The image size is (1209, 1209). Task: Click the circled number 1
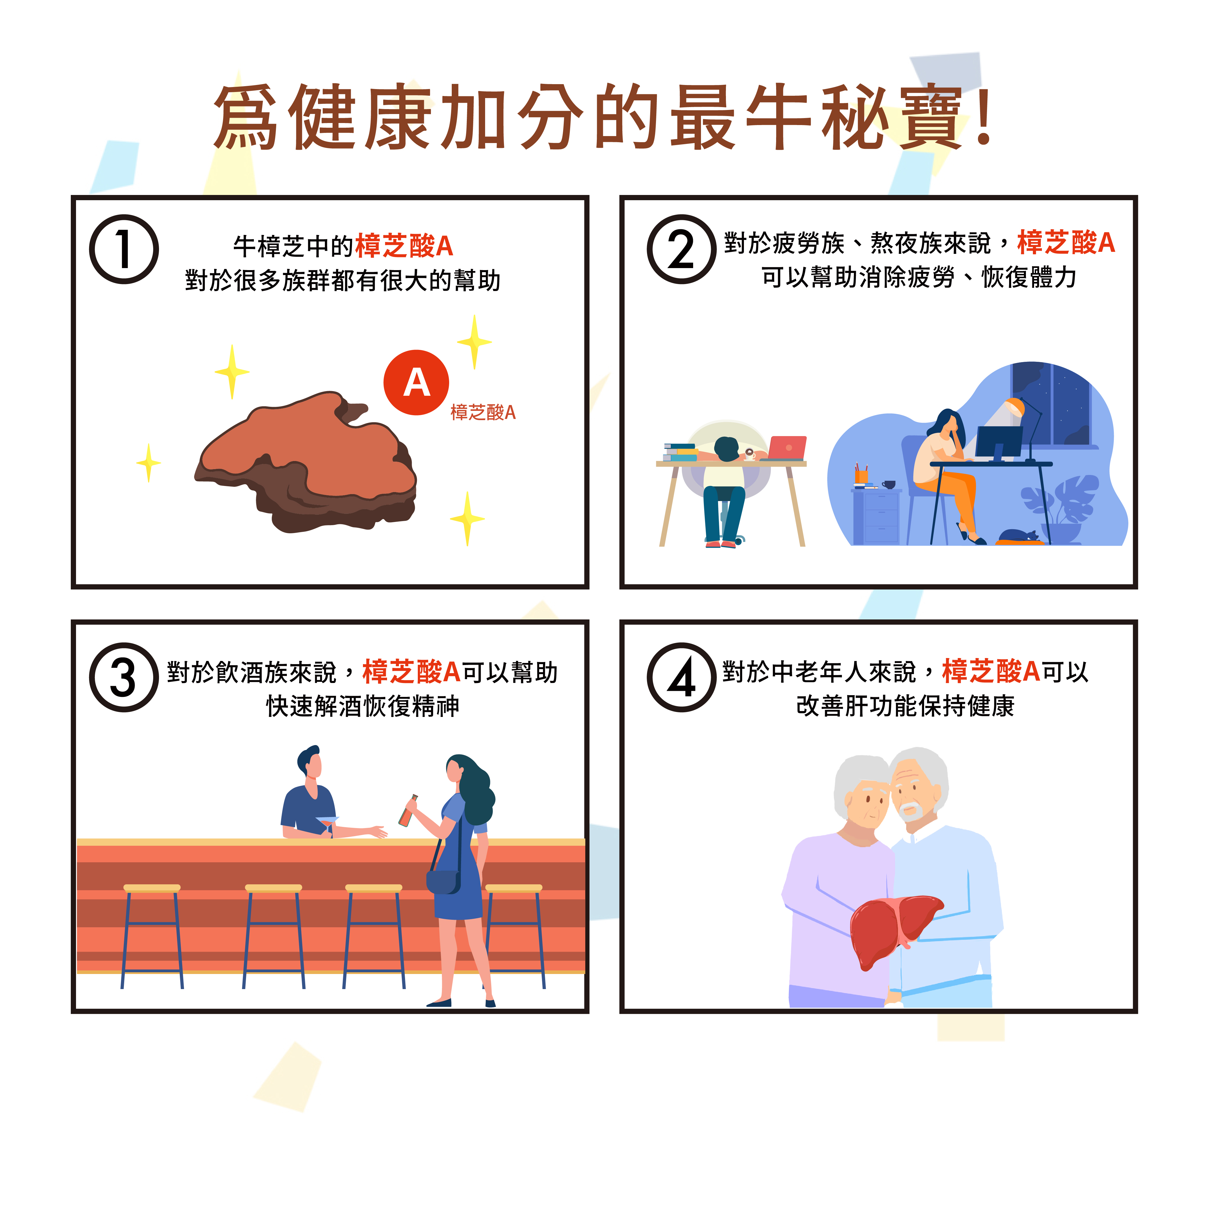click(124, 249)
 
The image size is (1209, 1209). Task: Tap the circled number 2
click(682, 249)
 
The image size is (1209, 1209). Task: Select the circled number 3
click(124, 677)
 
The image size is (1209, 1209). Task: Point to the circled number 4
click(682, 677)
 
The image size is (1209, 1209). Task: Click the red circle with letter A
click(416, 382)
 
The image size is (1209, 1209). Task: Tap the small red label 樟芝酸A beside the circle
click(483, 412)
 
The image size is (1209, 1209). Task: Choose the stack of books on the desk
click(680, 452)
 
